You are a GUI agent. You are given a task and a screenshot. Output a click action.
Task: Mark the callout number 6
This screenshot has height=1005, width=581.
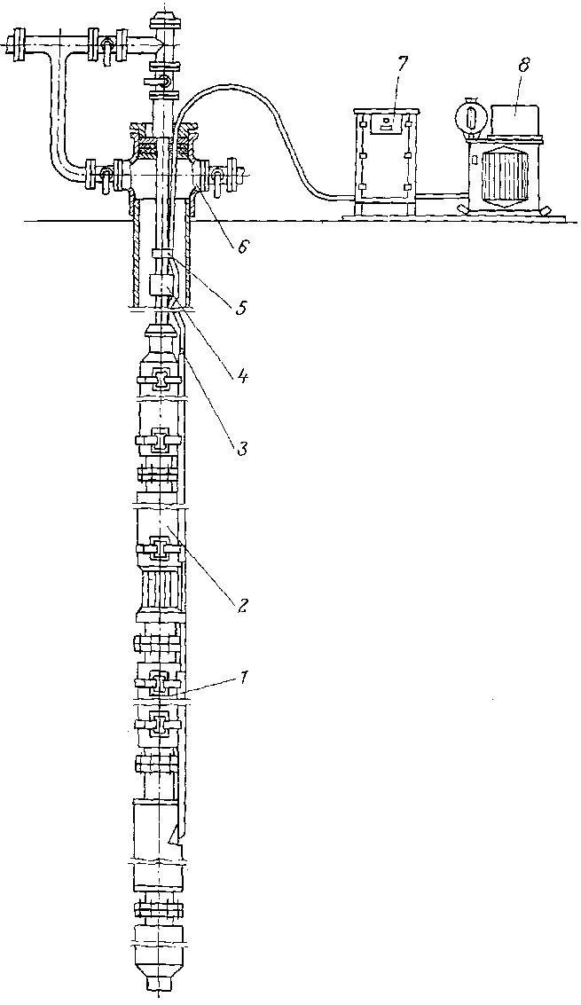[x=240, y=247]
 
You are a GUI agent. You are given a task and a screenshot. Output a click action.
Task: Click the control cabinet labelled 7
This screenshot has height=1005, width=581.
[x=385, y=160]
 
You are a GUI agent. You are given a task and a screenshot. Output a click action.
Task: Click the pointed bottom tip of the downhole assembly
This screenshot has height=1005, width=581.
[x=161, y=985]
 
